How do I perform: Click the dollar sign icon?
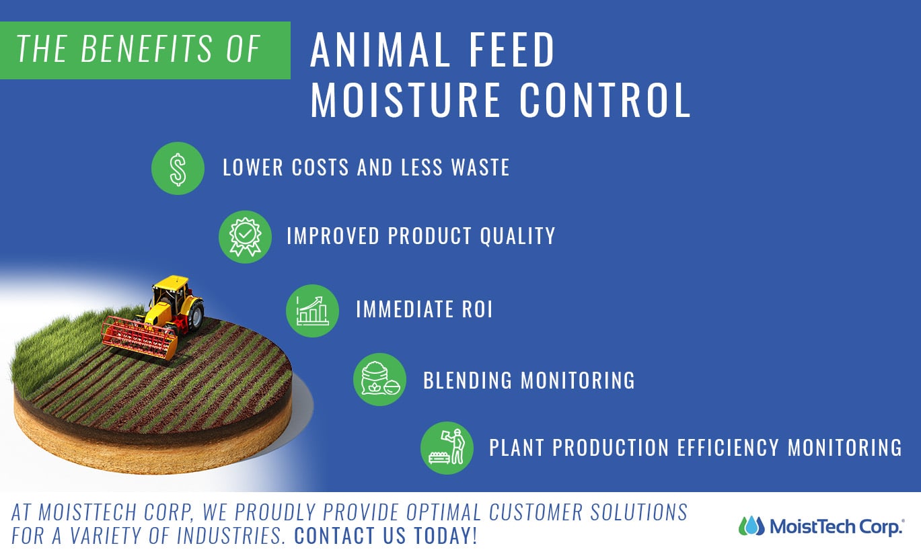pyautogui.click(x=178, y=169)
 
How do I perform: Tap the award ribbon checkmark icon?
pyautogui.click(x=245, y=237)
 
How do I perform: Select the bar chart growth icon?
pyautogui.click(x=312, y=311)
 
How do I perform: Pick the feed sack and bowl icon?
pyautogui.click(x=379, y=380)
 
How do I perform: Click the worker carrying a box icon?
pyautogui.click(x=447, y=448)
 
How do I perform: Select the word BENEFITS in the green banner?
pyautogui.click(x=146, y=48)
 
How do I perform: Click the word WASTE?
pyautogui.click(x=480, y=167)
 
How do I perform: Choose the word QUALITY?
pyautogui.click(x=517, y=236)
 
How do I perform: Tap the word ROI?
pyautogui.click(x=477, y=309)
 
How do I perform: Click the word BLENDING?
pyautogui.click(x=468, y=380)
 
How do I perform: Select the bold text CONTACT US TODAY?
pyautogui.click(x=385, y=536)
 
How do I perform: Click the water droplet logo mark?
pyautogui.click(x=751, y=526)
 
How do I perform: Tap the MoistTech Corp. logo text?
pyautogui.click(x=837, y=527)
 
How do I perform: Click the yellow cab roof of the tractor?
pyautogui.click(x=171, y=282)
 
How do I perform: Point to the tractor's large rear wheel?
pyautogui.click(x=195, y=315)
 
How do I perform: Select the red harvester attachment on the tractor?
pyautogui.click(x=139, y=337)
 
